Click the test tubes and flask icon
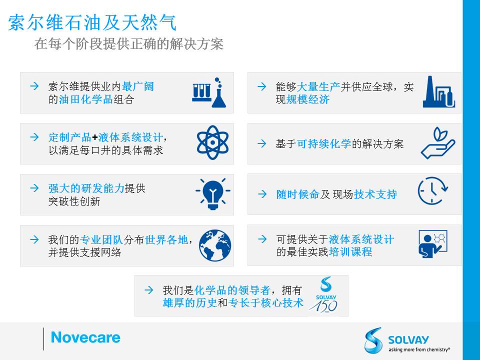tap(209, 92)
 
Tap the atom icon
tap(213, 142)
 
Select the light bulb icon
tap(213, 193)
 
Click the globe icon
tap(215, 245)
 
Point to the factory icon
tap(438, 92)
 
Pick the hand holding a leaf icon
tap(438, 143)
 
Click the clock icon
tap(432, 190)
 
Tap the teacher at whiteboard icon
tap(432, 244)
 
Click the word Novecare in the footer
tap(85, 337)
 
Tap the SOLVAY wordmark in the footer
tap(408, 340)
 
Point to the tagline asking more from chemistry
tap(419, 349)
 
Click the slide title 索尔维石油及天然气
tap(92, 22)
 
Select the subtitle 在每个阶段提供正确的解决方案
tap(129, 44)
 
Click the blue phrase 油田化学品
tap(85, 99)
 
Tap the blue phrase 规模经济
tap(308, 99)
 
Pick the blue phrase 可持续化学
tap(324, 143)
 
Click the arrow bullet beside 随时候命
tap(262, 194)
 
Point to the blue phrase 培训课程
tap(350, 252)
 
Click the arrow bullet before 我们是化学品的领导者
tap(149, 290)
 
